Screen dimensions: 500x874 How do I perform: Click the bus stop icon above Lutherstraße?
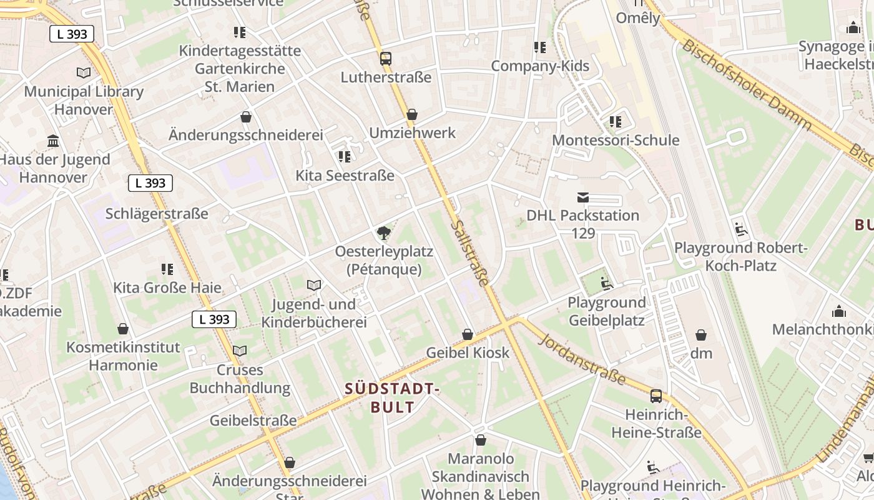pyautogui.click(x=386, y=59)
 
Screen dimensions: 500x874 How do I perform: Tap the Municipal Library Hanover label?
pyautogui.click(x=84, y=100)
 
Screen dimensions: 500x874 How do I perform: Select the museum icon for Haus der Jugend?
pyautogui.click(x=53, y=141)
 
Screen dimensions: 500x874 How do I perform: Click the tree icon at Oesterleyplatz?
pyautogui.click(x=384, y=234)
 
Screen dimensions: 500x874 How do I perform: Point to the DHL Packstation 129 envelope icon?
pyautogui.click(x=582, y=197)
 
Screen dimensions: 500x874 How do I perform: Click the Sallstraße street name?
pyautogui.click(x=470, y=252)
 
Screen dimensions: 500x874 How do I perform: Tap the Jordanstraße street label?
pyautogui.click(x=582, y=359)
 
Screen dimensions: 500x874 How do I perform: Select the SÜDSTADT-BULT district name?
pyautogui.click(x=393, y=398)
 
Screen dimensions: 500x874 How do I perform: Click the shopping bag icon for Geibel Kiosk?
pyautogui.click(x=468, y=335)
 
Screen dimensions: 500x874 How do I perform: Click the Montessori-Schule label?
pyautogui.click(x=616, y=140)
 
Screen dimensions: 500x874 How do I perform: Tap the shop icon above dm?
pyautogui.click(x=701, y=335)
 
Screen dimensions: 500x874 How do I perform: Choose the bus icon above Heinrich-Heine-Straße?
pyautogui.click(x=656, y=396)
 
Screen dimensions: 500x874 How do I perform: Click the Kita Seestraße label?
pyautogui.click(x=345, y=176)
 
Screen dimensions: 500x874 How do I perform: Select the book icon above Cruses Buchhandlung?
pyautogui.click(x=240, y=351)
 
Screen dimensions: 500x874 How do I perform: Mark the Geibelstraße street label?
pyautogui.click(x=253, y=421)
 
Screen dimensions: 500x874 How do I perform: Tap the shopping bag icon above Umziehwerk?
pyautogui.click(x=412, y=115)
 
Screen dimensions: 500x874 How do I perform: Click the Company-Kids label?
pyautogui.click(x=540, y=66)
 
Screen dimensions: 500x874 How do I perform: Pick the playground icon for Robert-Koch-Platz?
pyautogui.click(x=741, y=229)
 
